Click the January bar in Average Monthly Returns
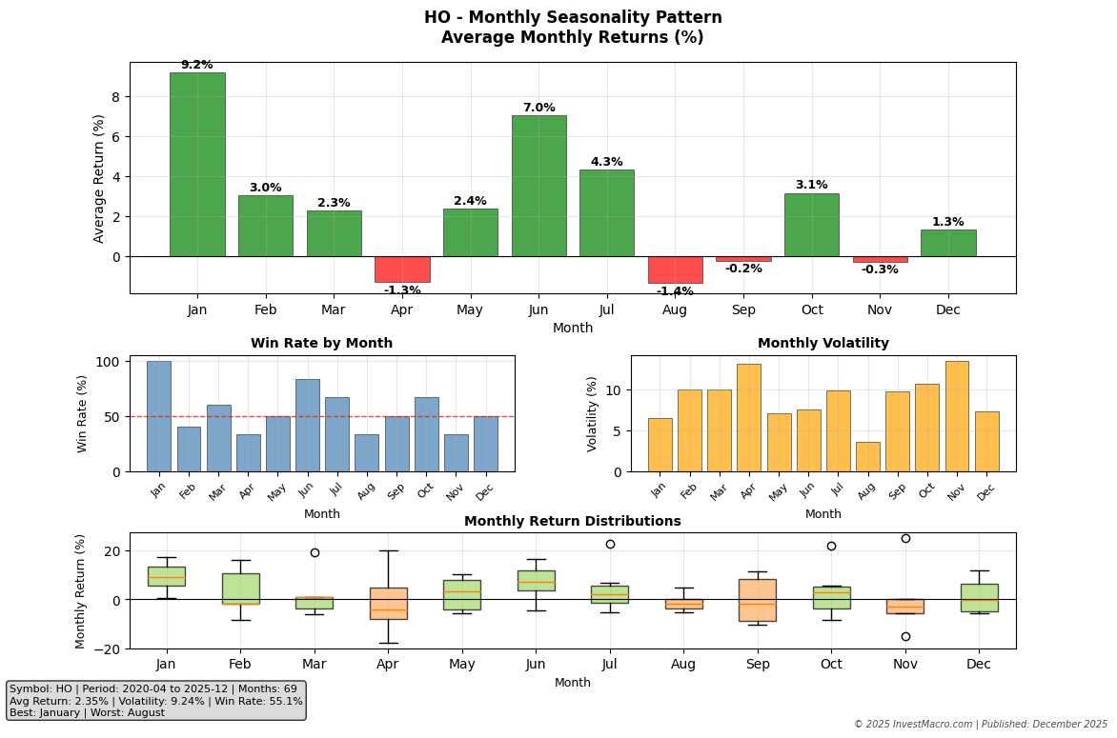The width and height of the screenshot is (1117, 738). [197, 164]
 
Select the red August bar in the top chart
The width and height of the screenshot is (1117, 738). [675, 269]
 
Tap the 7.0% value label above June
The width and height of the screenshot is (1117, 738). [538, 108]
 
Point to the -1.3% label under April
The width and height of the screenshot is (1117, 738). [402, 290]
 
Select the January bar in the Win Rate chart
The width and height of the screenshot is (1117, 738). [158, 416]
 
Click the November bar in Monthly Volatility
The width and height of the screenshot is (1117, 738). [957, 416]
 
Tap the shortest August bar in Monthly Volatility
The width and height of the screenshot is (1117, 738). [867, 456]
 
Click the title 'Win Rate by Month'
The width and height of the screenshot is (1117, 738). [321, 344]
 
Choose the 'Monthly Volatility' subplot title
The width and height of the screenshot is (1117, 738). [823, 344]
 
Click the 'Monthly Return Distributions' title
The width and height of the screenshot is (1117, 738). [572, 522]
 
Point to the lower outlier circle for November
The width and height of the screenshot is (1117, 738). [905, 636]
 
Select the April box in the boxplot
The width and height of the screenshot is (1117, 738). [389, 603]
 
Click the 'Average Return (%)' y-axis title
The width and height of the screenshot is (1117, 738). [99, 178]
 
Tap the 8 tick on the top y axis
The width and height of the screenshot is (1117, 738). [115, 97]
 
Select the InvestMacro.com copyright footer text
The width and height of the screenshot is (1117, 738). [980, 725]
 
